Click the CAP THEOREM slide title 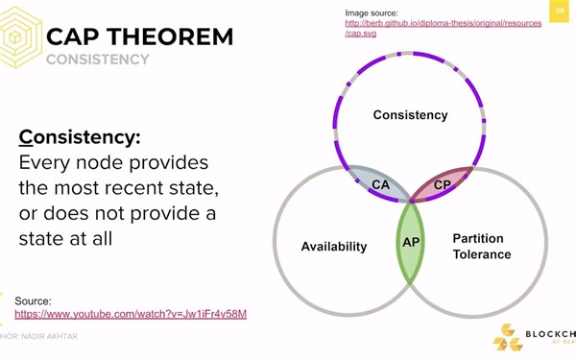tap(139, 37)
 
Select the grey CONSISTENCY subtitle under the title tap(98, 60)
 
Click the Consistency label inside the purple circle tap(410, 115)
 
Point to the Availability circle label tap(334, 247)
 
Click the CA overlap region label tap(380, 184)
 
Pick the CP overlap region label tap(443, 184)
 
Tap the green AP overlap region tap(411, 243)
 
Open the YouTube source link tap(131, 314)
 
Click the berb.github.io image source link tap(443, 28)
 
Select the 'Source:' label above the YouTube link tap(34, 300)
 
